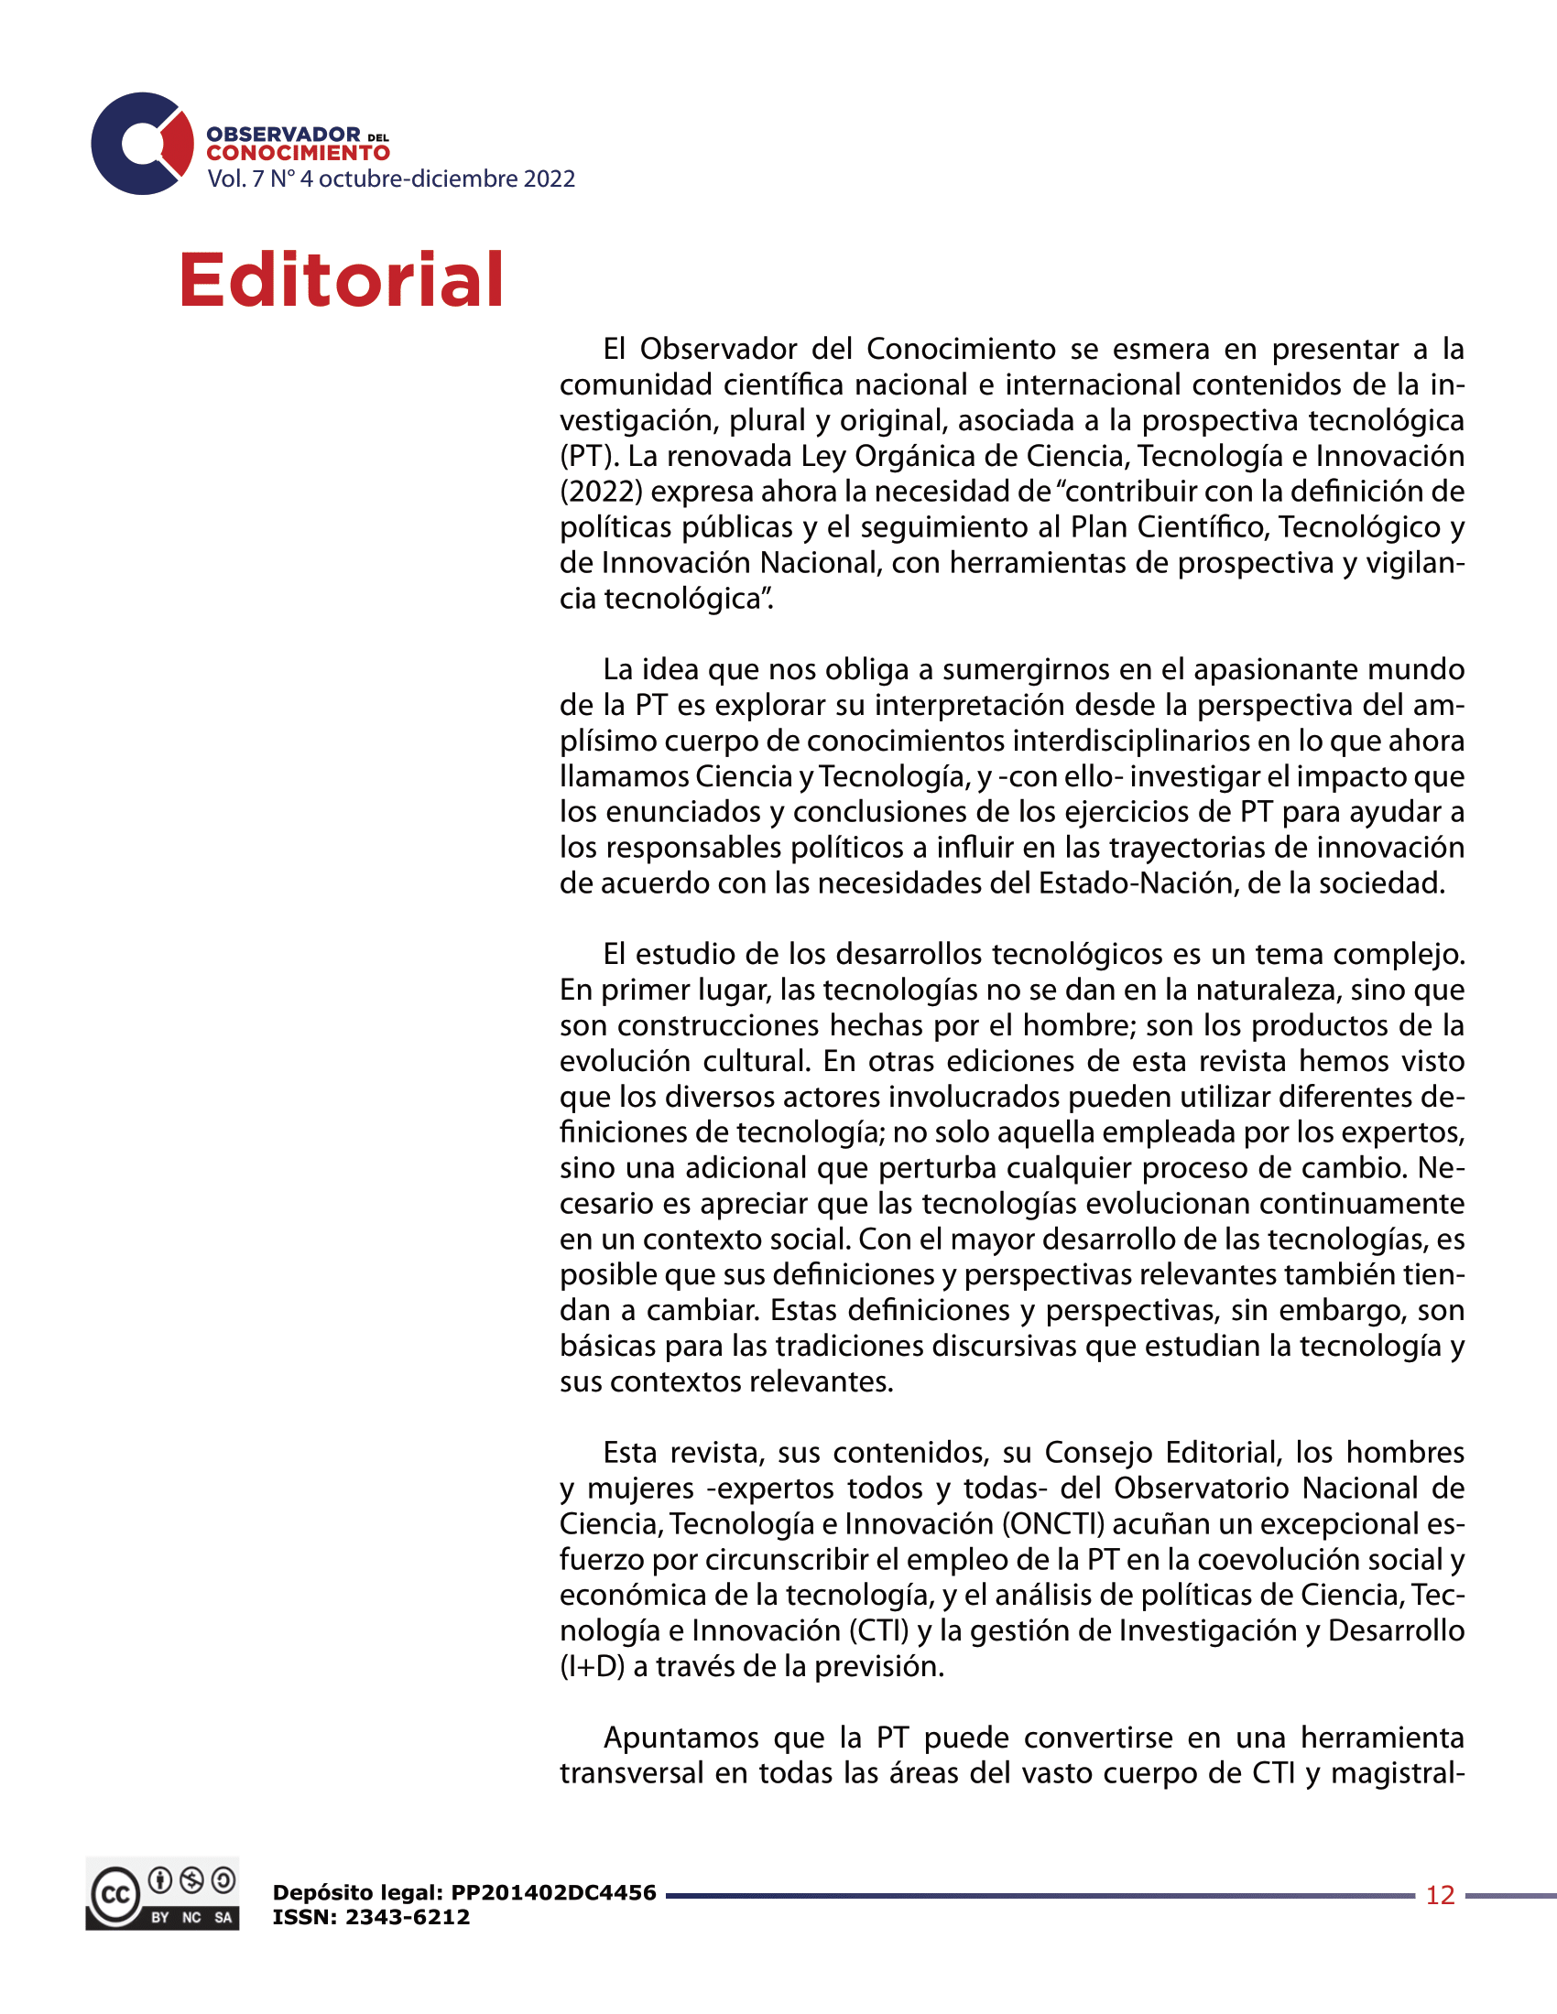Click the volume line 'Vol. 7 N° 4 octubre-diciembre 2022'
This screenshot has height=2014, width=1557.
coord(391,179)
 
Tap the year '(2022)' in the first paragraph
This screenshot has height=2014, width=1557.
coord(601,492)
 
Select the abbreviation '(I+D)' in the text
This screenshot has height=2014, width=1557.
coord(593,1666)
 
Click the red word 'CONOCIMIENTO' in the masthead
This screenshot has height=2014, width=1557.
coord(298,153)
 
